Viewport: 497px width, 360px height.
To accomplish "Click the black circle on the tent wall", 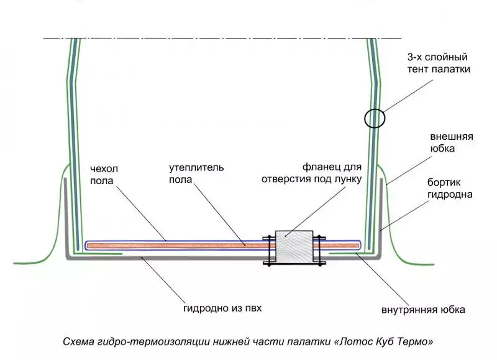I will [375, 118].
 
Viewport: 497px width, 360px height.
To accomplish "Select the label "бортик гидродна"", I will [451, 189].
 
